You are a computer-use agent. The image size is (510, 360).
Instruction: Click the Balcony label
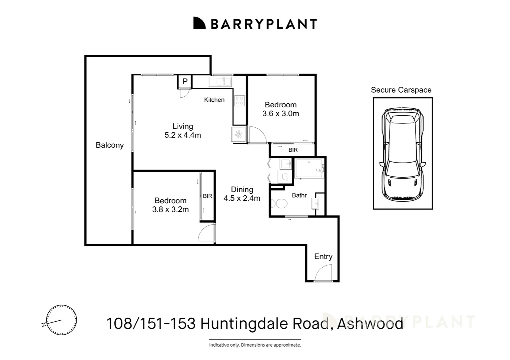click(109, 145)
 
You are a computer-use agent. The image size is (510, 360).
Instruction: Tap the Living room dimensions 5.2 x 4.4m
click(182, 135)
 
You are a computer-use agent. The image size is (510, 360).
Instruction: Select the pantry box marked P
click(185, 81)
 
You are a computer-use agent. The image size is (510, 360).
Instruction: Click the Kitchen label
click(214, 100)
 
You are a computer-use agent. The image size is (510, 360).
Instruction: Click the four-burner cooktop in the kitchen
click(239, 101)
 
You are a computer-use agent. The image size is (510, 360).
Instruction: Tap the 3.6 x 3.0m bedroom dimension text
click(281, 113)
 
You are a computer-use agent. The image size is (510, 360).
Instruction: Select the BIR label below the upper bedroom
click(293, 150)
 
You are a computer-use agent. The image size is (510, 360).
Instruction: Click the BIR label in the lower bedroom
click(207, 196)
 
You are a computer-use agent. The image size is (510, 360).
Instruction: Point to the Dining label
click(242, 189)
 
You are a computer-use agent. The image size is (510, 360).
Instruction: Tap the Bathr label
click(299, 195)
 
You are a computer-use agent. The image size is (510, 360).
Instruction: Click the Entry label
click(323, 256)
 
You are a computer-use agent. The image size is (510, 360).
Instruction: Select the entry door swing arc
click(323, 273)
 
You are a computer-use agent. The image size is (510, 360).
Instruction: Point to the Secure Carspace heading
click(401, 90)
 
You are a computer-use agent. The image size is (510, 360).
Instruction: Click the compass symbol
click(61, 320)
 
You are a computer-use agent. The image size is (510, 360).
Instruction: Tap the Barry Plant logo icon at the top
click(199, 23)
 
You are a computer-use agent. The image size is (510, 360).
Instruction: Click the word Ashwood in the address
click(370, 323)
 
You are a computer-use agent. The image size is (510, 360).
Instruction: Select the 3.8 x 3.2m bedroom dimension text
click(170, 209)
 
